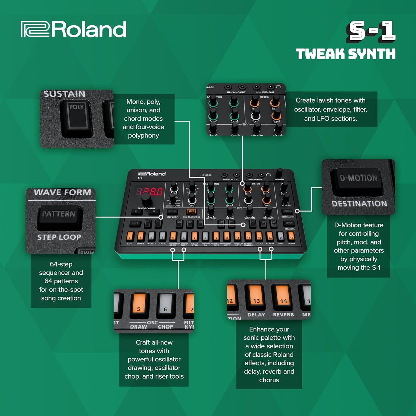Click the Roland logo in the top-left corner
[x=74, y=29]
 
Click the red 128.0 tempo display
[x=150, y=191]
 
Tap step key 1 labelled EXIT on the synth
[x=130, y=236]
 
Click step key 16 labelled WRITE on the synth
[x=291, y=237]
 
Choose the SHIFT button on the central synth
[x=134, y=223]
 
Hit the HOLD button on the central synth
[x=289, y=223]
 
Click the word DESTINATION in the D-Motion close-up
[x=359, y=204]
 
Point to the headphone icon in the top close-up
[x=278, y=87]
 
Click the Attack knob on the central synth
[x=211, y=211]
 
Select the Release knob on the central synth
[x=268, y=211]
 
